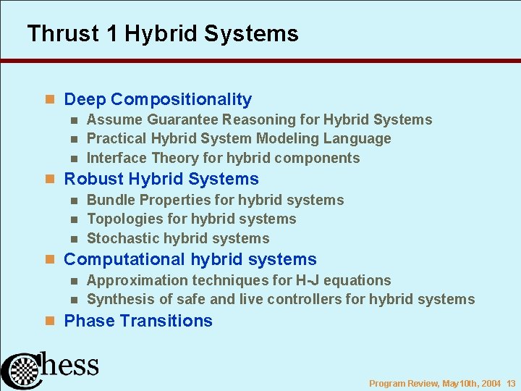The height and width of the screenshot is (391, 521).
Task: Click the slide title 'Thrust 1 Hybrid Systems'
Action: (x=162, y=34)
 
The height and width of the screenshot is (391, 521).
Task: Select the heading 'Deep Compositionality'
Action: (x=158, y=99)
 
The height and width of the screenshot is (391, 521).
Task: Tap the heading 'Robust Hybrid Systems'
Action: (x=161, y=179)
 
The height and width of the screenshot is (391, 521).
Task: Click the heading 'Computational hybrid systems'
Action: (x=190, y=259)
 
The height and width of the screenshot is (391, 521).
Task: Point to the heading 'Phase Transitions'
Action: (x=138, y=321)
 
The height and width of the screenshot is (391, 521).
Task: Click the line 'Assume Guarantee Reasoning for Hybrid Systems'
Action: (x=259, y=120)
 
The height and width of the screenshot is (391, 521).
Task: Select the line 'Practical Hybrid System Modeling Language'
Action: (x=239, y=138)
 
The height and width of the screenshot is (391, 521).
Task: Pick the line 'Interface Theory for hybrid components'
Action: (x=223, y=158)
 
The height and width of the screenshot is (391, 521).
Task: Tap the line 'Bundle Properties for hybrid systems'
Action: (x=215, y=200)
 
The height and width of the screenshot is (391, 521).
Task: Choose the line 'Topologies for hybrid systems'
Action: (x=191, y=219)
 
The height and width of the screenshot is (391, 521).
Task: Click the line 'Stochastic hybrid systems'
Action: (x=178, y=238)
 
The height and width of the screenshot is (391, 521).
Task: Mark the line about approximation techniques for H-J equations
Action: (x=239, y=280)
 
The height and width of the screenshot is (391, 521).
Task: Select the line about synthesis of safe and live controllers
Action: (x=281, y=299)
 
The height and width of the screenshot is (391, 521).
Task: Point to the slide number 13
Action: (x=510, y=384)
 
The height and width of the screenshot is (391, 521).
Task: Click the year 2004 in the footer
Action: (x=490, y=384)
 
